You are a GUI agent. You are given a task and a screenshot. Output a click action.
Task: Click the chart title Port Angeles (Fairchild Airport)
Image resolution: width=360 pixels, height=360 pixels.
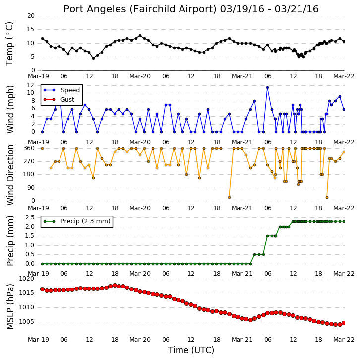pos(140,9)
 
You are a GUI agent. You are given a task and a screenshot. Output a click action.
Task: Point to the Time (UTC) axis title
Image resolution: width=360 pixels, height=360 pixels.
pos(191,350)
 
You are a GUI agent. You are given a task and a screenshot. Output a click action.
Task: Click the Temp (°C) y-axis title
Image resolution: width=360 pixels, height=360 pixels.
pos(9,44)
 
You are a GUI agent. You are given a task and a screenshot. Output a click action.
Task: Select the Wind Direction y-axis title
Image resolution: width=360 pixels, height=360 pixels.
pos(10,175)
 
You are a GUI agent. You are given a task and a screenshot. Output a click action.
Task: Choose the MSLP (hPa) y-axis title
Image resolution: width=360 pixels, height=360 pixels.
pos(10,306)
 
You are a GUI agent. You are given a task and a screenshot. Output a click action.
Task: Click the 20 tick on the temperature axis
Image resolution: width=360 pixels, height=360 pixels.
pos(31,16)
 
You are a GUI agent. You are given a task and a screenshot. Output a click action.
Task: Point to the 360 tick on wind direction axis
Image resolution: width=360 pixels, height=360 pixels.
pos(29,148)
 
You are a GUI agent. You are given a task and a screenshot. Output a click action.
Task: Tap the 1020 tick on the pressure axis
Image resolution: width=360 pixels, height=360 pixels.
pos(26,279)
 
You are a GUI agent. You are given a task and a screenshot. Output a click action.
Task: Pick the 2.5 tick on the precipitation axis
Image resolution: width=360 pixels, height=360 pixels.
pos(30,217)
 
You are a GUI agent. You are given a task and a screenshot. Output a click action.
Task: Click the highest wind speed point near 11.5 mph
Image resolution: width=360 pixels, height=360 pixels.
pos(267,87)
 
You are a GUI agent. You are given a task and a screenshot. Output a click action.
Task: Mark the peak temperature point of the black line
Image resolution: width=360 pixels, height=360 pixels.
pos(140,36)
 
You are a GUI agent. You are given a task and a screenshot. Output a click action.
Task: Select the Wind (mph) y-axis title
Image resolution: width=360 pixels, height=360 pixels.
pos(10,109)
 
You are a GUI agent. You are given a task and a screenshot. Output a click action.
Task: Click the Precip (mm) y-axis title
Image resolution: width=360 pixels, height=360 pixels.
pos(10,241)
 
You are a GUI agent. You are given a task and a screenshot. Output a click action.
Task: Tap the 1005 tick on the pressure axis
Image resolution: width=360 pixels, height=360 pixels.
pos(26,322)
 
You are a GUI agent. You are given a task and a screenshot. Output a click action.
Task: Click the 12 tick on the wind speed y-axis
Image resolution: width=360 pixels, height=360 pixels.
pos(31,85)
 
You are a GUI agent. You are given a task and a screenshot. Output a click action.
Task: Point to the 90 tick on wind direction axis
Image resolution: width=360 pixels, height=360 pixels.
pos(31,188)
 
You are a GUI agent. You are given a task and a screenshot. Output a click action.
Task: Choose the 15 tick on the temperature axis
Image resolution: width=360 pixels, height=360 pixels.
pos(31,29)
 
